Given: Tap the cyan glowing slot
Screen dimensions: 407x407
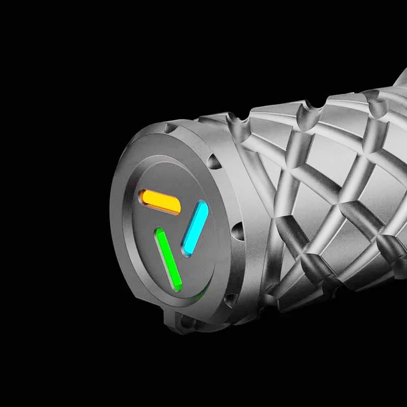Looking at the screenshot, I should pos(195,227).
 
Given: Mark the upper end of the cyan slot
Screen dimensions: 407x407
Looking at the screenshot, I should pos(202,206).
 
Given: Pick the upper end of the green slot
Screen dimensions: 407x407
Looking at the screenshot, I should pos(159,233).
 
